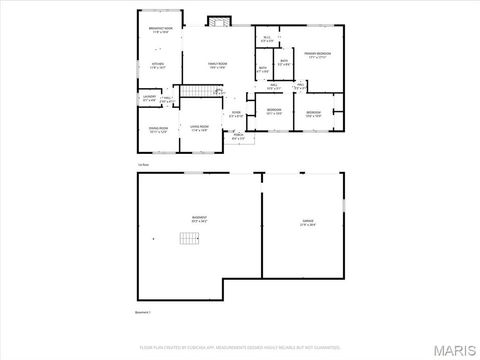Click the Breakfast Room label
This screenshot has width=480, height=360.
tap(157, 30)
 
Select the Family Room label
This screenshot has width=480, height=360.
tap(216, 65)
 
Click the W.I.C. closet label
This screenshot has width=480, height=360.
tap(266, 39)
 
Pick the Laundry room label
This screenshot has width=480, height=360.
tap(149, 98)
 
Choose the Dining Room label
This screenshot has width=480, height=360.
tap(157, 129)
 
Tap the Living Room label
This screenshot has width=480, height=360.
tap(199, 128)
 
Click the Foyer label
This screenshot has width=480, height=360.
tap(236, 115)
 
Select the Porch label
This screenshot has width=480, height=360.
tap(238, 136)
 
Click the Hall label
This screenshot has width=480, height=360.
tap(274, 86)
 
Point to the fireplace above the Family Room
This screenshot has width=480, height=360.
tap(219, 21)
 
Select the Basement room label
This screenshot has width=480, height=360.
tap(199, 219)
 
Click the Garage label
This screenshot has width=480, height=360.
tap(307, 223)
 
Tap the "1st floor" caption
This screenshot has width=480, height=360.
tap(144, 164)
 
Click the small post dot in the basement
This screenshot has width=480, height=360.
tap(153, 240)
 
